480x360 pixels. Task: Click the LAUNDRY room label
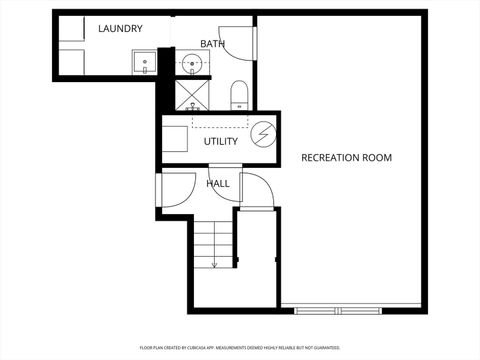(x=120, y=29)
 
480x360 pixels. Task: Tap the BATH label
(x=212, y=44)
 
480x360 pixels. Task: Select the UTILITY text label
(x=221, y=141)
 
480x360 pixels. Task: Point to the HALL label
(x=218, y=184)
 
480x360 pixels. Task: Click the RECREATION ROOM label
(x=346, y=158)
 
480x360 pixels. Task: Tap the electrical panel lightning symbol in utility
(x=262, y=135)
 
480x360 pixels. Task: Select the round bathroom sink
(x=192, y=66)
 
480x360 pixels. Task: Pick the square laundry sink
(x=145, y=63)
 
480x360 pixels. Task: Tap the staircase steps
(x=212, y=243)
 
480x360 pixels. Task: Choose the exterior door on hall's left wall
(x=172, y=190)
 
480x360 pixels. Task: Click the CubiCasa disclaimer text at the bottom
(x=239, y=349)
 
